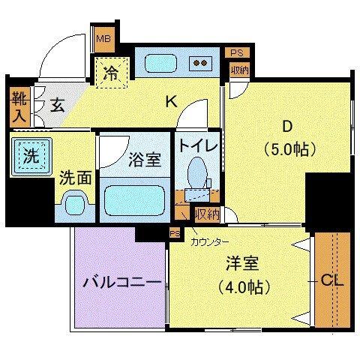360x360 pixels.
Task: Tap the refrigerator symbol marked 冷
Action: click(x=111, y=74)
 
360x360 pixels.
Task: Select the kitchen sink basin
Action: click(x=160, y=63)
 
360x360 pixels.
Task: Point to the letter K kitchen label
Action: click(x=170, y=103)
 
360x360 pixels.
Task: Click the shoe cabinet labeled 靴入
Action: click(x=18, y=106)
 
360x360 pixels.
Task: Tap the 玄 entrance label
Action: click(x=57, y=104)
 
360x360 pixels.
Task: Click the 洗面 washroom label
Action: click(x=76, y=178)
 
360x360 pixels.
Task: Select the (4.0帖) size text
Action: click(x=242, y=286)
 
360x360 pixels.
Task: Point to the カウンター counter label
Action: click(x=209, y=241)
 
